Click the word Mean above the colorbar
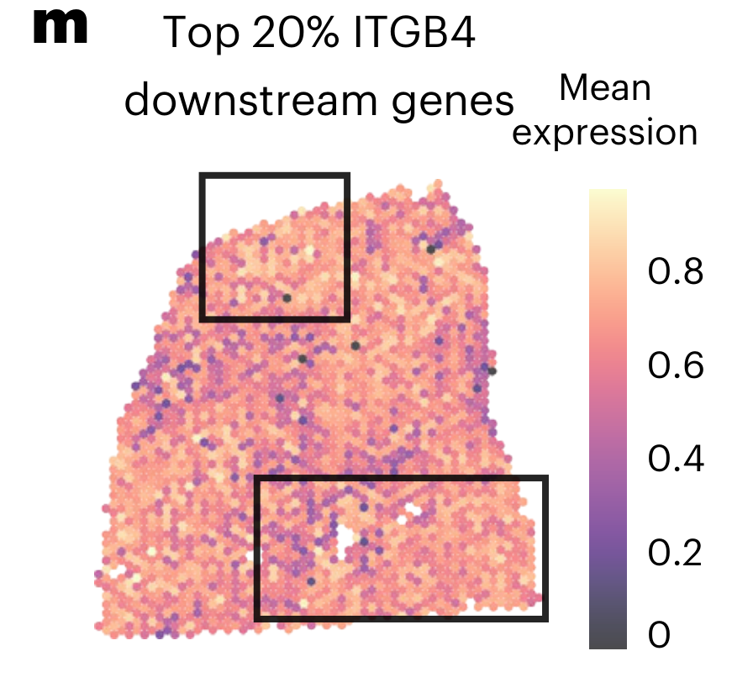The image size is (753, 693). pos(605,87)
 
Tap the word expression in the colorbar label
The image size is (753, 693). pos(605,133)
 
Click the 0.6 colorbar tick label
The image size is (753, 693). pos(675,366)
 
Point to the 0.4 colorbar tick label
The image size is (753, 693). pos(675,460)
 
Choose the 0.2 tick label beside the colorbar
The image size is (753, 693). pos(675,554)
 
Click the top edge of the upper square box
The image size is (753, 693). pos(274,176)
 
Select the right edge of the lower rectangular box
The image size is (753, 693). pos(545,548)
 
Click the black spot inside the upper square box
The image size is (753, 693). pos(287,297)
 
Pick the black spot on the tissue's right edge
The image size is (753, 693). pos(492,370)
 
